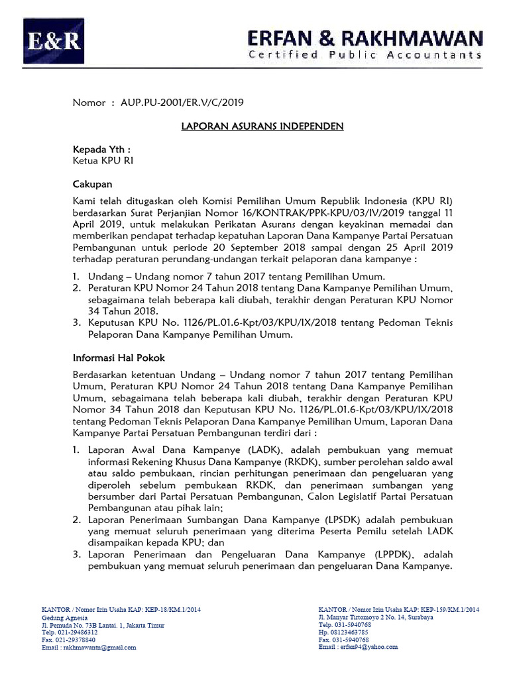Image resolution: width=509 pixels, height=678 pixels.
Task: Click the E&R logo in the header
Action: pos(54,41)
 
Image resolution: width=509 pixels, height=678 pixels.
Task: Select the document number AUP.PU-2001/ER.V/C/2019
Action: pos(182,102)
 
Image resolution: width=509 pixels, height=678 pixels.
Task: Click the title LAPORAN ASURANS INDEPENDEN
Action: pos(262,126)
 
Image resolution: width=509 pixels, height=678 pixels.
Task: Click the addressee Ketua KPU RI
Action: pos(102,161)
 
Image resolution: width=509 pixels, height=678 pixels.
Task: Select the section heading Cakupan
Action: pos(92,184)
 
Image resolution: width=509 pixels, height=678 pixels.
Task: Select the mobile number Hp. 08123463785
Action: pos(343,632)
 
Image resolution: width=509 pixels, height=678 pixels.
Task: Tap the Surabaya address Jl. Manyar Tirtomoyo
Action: pos(376,616)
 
